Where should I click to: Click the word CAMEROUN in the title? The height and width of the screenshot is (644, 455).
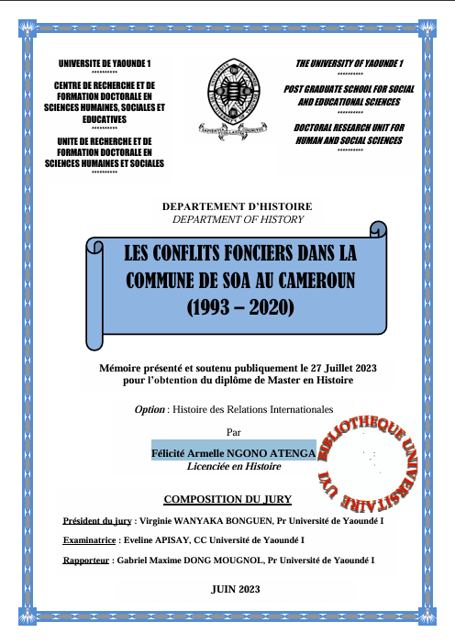point(310,279)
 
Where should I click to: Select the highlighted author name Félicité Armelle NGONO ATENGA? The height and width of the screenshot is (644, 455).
point(233,453)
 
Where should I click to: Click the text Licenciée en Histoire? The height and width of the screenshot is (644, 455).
point(234,466)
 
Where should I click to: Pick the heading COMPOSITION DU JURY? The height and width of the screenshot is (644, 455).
point(227,499)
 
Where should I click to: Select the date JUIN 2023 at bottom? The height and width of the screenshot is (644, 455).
point(235,589)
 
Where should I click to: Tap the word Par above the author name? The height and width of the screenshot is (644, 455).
point(234,430)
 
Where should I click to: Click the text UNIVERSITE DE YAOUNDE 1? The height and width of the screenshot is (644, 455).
point(105,62)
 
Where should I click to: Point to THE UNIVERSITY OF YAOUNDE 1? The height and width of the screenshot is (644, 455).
point(350,62)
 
